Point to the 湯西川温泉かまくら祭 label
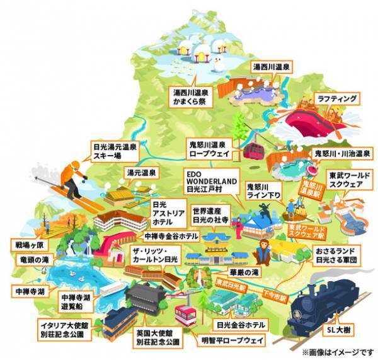point(191,96)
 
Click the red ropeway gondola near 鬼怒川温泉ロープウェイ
point(254,150)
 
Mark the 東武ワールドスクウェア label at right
point(345,182)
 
